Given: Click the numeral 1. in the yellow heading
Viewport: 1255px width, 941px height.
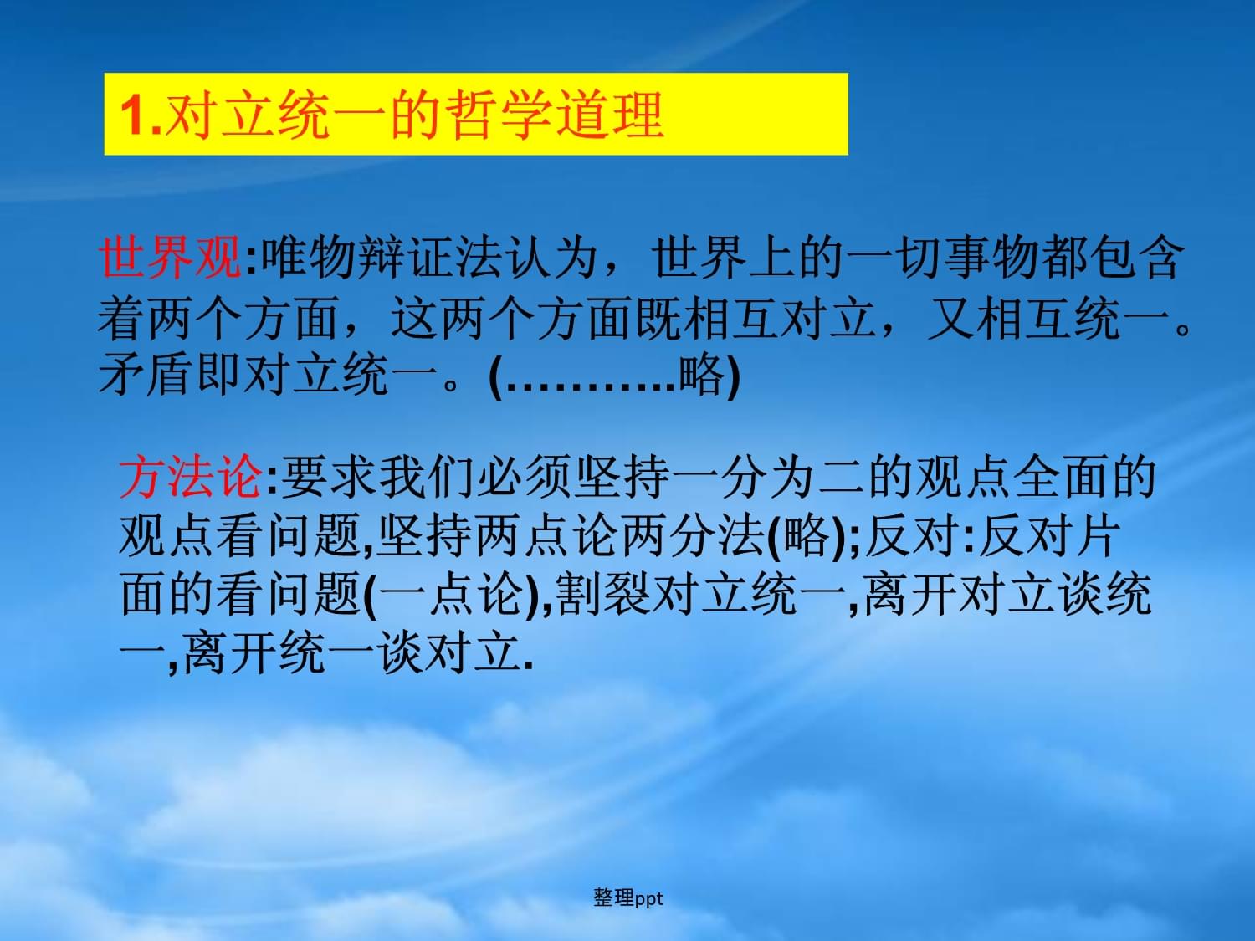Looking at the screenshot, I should pyautogui.click(x=141, y=115).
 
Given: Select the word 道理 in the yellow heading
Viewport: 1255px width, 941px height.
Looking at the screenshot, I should pyautogui.click(x=611, y=115).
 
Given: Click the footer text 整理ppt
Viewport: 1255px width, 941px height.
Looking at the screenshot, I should pyautogui.click(x=627, y=898).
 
